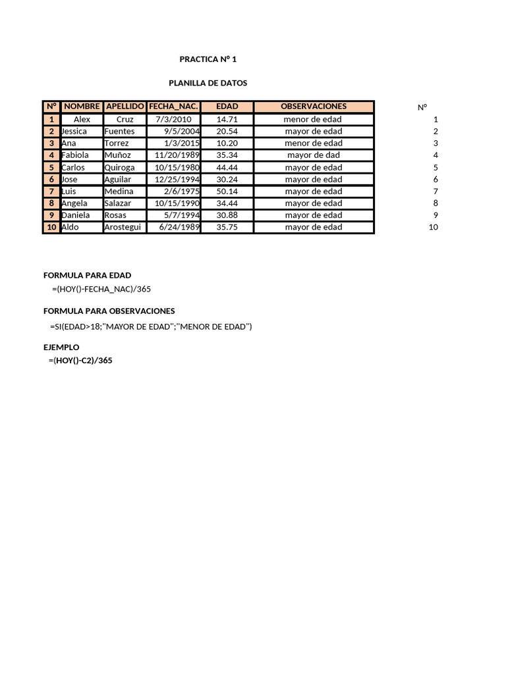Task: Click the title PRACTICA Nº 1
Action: [208, 59]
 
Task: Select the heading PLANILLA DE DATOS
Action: [208, 83]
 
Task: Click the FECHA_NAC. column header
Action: [173, 107]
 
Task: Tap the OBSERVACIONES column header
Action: [314, 107]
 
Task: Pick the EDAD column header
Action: [227, 107]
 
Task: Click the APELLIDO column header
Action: [125, 107]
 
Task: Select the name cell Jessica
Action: [74, 132]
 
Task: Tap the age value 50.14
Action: [227, 192]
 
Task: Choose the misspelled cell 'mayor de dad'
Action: [314, 155]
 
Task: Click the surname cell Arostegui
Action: [123, 227]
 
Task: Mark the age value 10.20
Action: [227, 143]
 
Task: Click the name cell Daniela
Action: [76, 215]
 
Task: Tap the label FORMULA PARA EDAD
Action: [87, 275]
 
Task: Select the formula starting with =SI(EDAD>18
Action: [151, 326]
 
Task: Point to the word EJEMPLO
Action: [61, 347]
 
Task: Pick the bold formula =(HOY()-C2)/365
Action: [80, 361]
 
